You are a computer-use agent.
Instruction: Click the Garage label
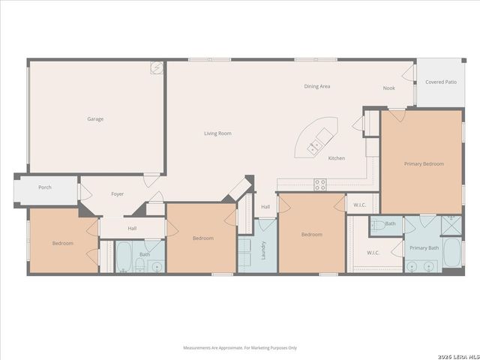tap(95, 118)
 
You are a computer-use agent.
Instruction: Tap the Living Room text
tap(217, 133)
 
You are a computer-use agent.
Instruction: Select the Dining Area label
tap(317, 86)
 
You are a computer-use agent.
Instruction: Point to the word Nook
tap(388, 88)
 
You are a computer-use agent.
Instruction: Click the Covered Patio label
tap(440, 81)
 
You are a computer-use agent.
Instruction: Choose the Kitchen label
tap(337, 157)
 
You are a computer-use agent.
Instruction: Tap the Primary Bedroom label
tap(424, 163)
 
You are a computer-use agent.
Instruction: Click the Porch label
tap(45, 187)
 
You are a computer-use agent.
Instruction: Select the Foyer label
tap(118, 194)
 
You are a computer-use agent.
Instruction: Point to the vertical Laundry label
tap(263, 250)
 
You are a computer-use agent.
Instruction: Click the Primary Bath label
tap(424, 247)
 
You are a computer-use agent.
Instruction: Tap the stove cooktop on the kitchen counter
tap(319, 183)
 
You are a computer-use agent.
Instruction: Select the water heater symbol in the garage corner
tap(157, 67)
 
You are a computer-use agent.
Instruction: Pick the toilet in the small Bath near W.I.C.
tap(376, 223)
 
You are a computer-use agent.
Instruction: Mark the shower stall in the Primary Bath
tap(451, 223)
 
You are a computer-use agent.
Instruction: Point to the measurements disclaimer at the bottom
tap(240, 348)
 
